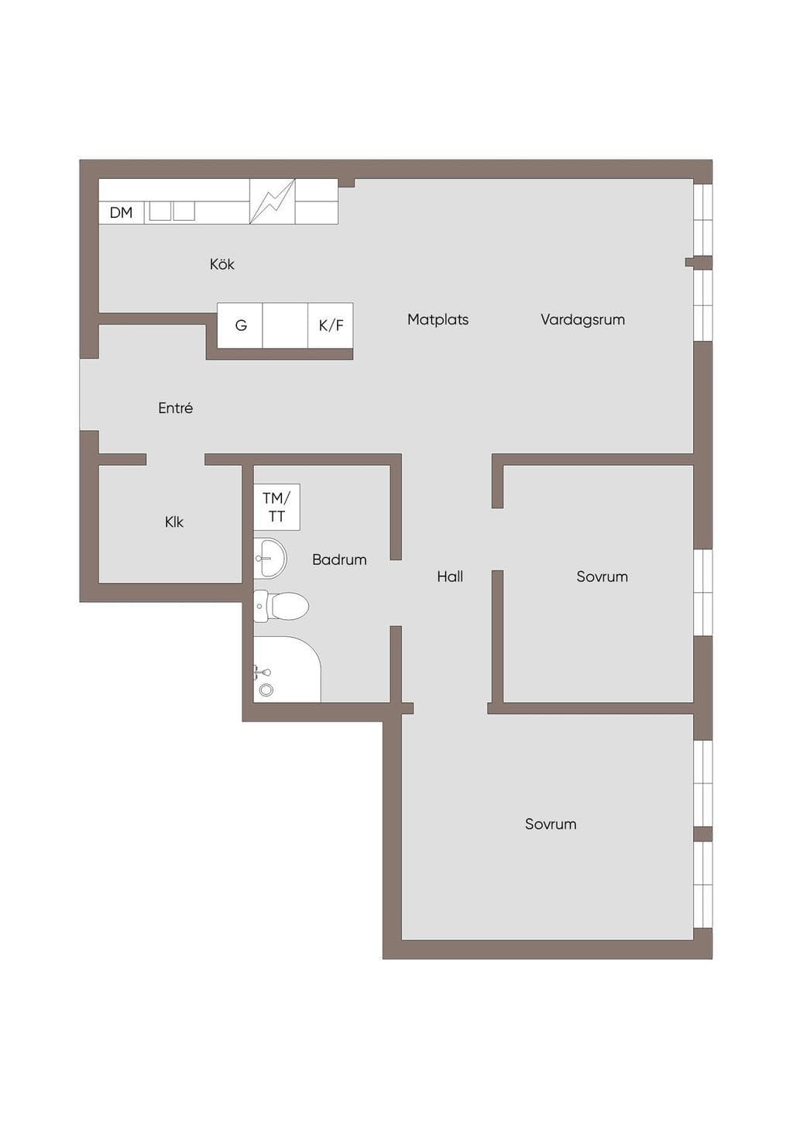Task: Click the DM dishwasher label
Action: coord(121,213)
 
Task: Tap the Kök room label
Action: coord(221,264)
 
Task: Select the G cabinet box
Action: coord(240,325)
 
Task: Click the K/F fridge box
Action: coord(331,325)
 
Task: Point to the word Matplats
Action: coord(438,319)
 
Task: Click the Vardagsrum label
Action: coord(582,319)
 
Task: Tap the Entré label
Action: coord(175,408)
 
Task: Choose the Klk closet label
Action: coord(174,522)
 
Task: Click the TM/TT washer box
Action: coord(276,507)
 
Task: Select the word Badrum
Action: coord(339,559)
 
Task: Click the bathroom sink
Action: coord(269,559)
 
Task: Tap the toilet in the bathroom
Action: coord(281,606)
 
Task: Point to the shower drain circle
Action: coord(266,690)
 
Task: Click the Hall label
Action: coord(450,576)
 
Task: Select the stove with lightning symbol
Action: coord(273,201)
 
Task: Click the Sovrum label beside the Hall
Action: coord(602,576)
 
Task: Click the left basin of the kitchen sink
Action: coord(160,211)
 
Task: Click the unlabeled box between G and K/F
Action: coord(285,325)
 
